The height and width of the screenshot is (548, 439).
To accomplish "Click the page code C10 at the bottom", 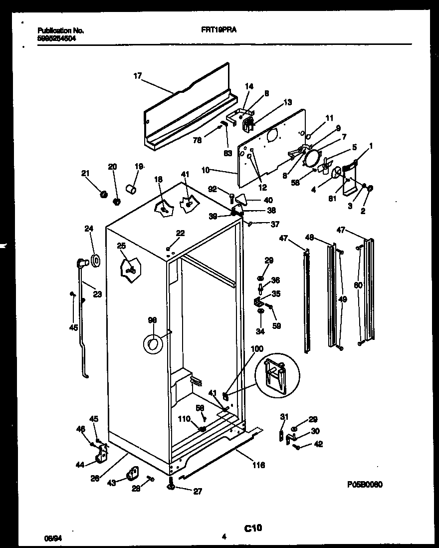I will pos(253,528).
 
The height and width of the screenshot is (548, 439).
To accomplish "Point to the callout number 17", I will pos(137,76).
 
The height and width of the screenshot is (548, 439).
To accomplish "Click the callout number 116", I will pos(258,465).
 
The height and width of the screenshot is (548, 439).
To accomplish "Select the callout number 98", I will pos(153,320).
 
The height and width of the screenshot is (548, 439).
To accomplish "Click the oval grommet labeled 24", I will pos(94,260).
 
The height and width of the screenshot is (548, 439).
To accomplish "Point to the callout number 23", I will pos(97,294).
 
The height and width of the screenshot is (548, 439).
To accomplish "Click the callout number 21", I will pos(85,173).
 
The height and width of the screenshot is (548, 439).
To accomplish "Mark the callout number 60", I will pos(357,285).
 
